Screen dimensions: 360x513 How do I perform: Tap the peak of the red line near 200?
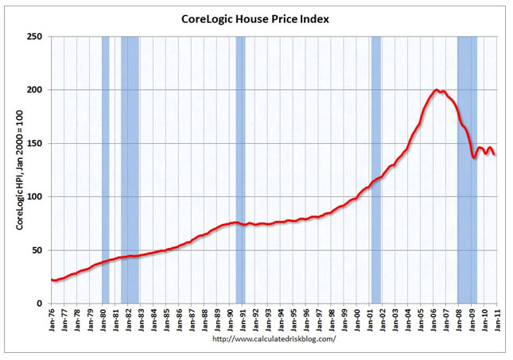437,90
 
